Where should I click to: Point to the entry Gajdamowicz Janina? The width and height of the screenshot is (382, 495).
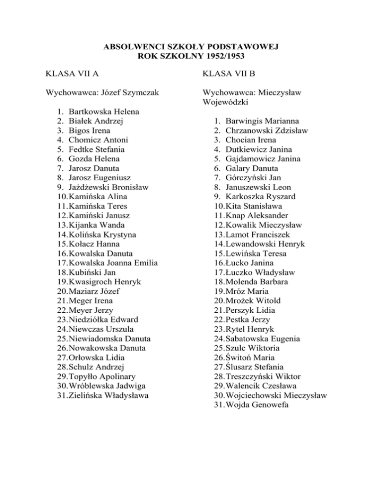265,158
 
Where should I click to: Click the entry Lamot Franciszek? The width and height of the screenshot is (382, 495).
256,235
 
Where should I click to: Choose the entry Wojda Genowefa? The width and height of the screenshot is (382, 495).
256,405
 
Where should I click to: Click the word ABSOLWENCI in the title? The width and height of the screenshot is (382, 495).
127,47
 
